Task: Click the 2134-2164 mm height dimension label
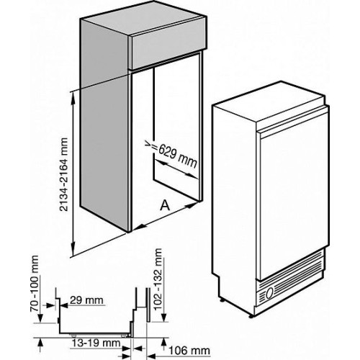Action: coord(63,174)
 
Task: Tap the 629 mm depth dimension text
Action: coord(178,156)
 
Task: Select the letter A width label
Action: coord(165,205)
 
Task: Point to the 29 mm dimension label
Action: coord(86,300)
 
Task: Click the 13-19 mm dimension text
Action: coord(96,343)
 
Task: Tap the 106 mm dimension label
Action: coord(189,351)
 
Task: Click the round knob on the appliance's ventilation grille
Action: coord(269,293)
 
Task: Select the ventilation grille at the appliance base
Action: coord(289,279)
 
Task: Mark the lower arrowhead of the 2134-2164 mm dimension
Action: coord(73,250)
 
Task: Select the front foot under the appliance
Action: coord(251,316)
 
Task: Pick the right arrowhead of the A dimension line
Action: coord(192,205)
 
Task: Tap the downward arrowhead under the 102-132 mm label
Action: coord(164,316)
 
